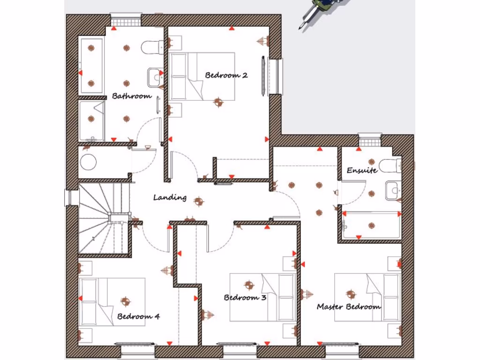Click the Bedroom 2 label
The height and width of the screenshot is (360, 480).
click(226, 75)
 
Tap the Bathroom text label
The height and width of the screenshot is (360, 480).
click(132, 96)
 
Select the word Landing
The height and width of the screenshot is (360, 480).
click(170, 198)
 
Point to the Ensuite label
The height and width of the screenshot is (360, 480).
click(362, 170)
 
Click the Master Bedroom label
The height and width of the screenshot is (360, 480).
click(349, 307)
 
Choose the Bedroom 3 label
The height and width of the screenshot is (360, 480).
click(245, 298)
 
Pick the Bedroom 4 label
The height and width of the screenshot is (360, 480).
click(138, 316)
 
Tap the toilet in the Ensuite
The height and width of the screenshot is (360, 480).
click(390, 165)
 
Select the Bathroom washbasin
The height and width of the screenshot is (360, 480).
click(155, 77)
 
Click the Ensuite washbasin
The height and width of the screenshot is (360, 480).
click(393, 191)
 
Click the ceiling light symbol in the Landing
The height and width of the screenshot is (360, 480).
click(199, 202)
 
